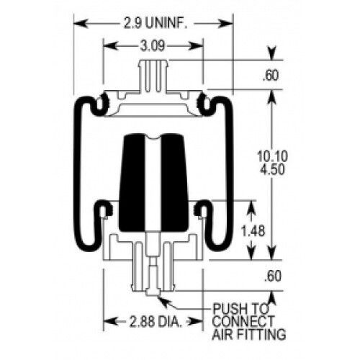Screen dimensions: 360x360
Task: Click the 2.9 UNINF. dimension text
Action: (156, 24)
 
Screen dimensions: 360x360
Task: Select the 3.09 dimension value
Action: (153, 45)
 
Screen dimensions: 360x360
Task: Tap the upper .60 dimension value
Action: (271, 75)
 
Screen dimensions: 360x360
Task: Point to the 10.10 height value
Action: (272, 156)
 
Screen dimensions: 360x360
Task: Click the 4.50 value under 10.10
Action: (272, 169)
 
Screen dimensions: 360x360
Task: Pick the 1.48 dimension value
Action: (253, 231)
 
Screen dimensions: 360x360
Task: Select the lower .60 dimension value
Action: (272, 276)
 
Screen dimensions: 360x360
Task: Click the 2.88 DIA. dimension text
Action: (156, 322)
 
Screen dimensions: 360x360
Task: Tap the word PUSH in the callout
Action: (228, 309)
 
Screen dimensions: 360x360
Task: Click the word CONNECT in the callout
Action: (243, 321)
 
